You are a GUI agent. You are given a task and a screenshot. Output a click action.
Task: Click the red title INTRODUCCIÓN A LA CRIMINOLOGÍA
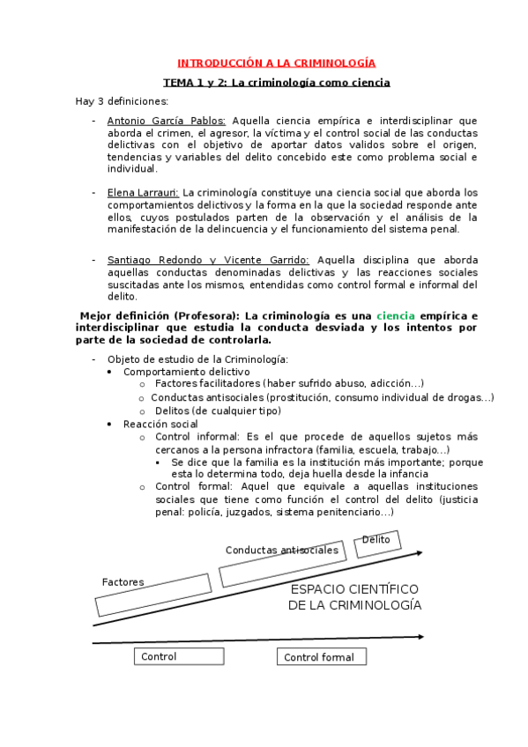[x=277, y=63]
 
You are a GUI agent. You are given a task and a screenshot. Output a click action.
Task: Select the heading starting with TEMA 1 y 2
[x=277, y=83]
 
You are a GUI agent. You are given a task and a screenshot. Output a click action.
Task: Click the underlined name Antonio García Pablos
[x=166, y=121]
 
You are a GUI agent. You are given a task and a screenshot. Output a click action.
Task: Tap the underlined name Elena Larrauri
[x=143, y=192]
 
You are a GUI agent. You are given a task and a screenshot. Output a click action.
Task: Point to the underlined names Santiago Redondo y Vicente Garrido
[x=208, y=260]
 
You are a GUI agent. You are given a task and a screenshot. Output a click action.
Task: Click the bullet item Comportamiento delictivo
[x=175, y=372]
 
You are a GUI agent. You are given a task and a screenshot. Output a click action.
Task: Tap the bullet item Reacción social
[x=160, y=424]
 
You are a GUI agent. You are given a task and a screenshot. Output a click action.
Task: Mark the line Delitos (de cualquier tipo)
[x=218, y=410]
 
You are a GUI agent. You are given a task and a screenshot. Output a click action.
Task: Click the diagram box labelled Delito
[x=377, y=544]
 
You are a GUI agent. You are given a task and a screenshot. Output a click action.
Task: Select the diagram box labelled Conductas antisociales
[x=281, y=562]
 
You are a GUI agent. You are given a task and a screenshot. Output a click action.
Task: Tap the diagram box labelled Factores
[x=152, y=595]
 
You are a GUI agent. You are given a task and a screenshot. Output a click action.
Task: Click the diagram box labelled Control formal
[x=321, y=657]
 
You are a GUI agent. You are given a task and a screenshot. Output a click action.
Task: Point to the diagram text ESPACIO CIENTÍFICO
[x=354, y=589]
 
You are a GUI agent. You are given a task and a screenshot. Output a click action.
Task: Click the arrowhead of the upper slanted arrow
[x=419, y=553]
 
